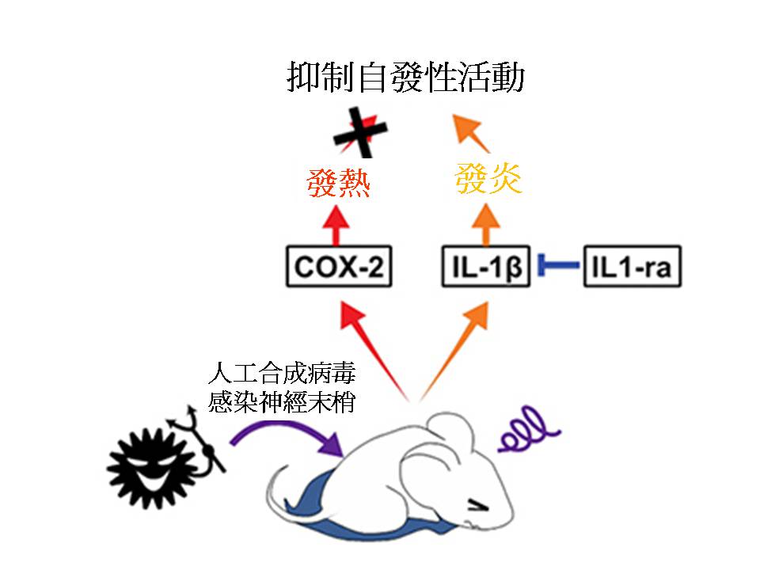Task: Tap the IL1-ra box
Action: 631,267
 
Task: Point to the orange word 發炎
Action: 488,179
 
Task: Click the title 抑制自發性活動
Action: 405,80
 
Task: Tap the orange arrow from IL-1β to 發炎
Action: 485,225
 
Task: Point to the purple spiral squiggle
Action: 529,427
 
